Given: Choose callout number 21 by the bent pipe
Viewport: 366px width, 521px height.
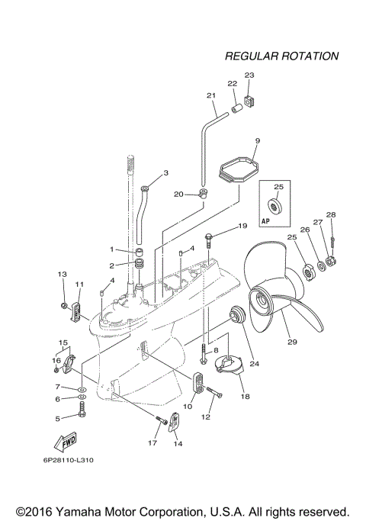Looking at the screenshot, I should [211, 96].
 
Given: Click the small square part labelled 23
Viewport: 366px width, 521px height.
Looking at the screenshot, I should [249, 100].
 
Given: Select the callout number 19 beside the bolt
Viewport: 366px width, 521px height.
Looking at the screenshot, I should [242, 227].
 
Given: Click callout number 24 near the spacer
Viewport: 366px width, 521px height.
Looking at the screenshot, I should [254, 364].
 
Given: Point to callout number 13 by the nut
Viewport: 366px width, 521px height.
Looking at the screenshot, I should [63, 274].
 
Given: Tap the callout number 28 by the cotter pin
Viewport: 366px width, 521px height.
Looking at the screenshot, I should [330, 215].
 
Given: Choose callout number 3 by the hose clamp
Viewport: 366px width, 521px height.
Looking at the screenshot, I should [165, 173].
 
